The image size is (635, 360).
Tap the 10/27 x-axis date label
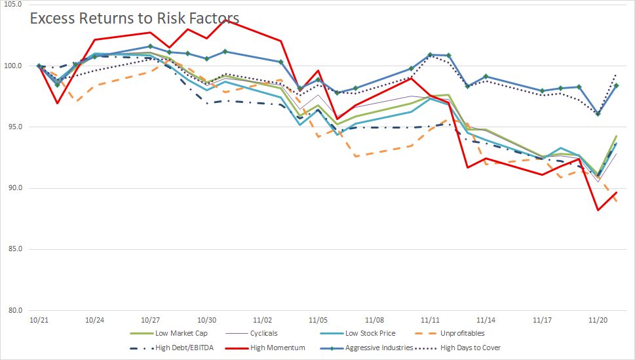tap(151, 321)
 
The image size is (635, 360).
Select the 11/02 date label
tap(263, 321)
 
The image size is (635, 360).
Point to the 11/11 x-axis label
tap(431, 321)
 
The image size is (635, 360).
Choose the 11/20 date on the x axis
tap(598, 321)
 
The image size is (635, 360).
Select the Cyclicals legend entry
tap(268, 333)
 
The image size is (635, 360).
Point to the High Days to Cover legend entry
tap(474, 348)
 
